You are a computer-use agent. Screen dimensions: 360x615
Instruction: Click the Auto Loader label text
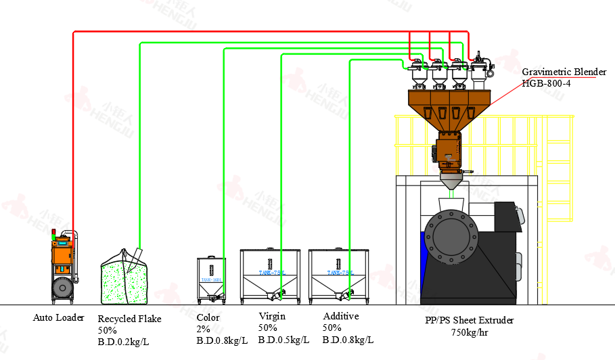click(59, 317)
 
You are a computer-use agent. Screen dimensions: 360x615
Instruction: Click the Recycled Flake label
click(130, 319)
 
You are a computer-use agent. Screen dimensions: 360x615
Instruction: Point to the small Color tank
click(211, 277)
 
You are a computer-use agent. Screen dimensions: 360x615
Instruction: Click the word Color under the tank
click(208, 317)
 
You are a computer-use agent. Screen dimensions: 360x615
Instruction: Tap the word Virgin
click(272, 316)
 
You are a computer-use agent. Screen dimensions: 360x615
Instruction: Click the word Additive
click(341, 316)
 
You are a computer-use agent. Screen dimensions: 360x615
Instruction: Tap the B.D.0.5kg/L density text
click(283, 339)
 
